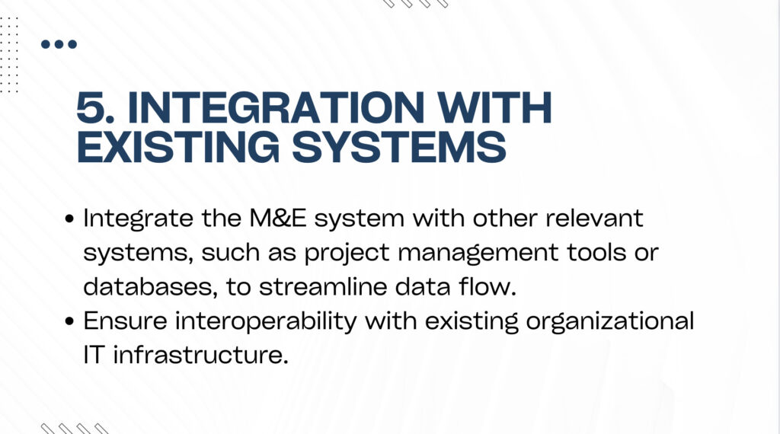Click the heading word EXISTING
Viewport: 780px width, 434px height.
(x=178, y=147)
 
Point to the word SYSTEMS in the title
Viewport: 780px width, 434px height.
(x=399, y=147)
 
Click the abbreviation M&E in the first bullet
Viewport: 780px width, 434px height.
(x=277, y=219)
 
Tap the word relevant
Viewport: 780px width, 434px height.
(x=594, y=219)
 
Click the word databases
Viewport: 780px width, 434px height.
(x=150, y=287)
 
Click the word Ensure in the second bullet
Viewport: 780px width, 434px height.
(x=126, y=321)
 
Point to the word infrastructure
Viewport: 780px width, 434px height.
(x=201, y=355)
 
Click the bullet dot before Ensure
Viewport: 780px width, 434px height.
(x=69, y=321)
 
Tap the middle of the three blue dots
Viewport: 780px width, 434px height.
(x=59, y=44)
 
